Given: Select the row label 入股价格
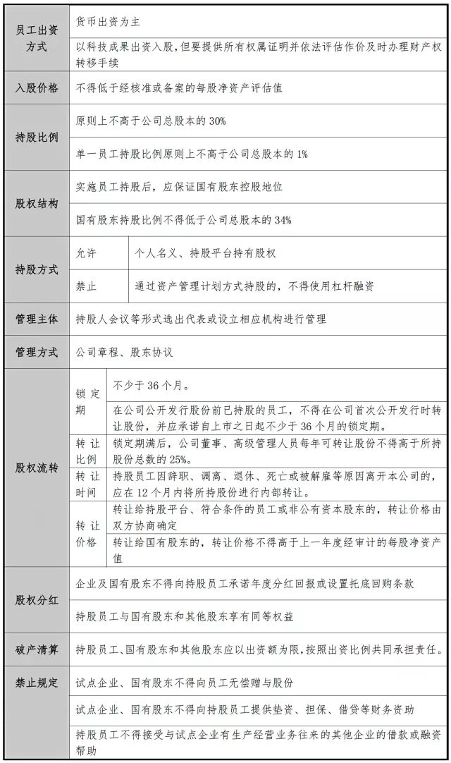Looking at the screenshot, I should pyautogui.click(x=37, y=89).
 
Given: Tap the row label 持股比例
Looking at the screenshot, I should pyautogui.click(x=37, y=138).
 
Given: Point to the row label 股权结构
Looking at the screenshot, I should pyautogui.click(x=37, y=204).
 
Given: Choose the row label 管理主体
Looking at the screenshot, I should pyautogui.click(x=37, y=319).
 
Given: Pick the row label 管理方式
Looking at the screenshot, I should pyautogui.click(x=37, y=352).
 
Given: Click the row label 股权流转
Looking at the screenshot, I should pyautogui.click(x=37, y=468).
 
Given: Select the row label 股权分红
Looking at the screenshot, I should pyautogui.click(x=37, y=600).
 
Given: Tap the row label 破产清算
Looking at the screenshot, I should pyautogui.click(x=37, y=649).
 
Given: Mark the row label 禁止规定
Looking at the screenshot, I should pyautogui.click(x=37, y=683).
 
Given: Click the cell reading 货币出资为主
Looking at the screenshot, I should pyautogui.click(x=109, y=23).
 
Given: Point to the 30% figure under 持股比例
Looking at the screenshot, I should pyautogui.click(x=217, y=121).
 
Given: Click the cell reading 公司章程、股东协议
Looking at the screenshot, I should pyautogui.click(x=124, y=352).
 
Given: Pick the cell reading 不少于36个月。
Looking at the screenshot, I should pyautogui.click(x=150, y=386).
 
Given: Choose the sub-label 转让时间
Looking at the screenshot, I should pyautogui.click(x=87, y=483).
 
